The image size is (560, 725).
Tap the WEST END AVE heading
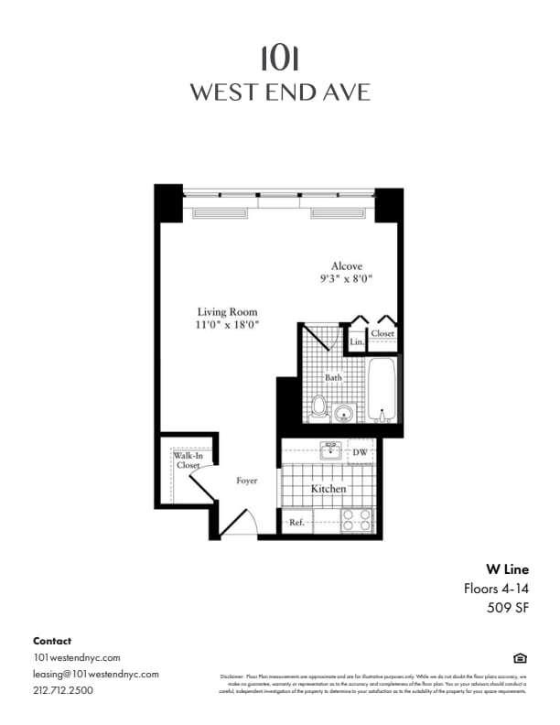tap(279, 92)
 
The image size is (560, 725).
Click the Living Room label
tap(228, 312)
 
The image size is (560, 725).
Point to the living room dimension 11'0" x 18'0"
tap(228, 325)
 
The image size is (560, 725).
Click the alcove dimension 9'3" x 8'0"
tap(346, 277)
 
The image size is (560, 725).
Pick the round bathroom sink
tap(344, 412)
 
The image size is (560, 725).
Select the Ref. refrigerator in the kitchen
tap(297, 522)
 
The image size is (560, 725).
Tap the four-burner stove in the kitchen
tap(358, 520)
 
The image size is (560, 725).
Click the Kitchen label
tap(328, 490)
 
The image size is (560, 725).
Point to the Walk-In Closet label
tap(188, 460)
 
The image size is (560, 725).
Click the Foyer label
tap(247, 481)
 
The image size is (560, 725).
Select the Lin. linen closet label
tap(357, 342)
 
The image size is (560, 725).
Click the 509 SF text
tap(507, 606)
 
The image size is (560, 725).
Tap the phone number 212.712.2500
tap(62, 690)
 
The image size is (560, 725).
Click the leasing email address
tap(96, 674)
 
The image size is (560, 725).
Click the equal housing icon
tap(520, 658)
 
